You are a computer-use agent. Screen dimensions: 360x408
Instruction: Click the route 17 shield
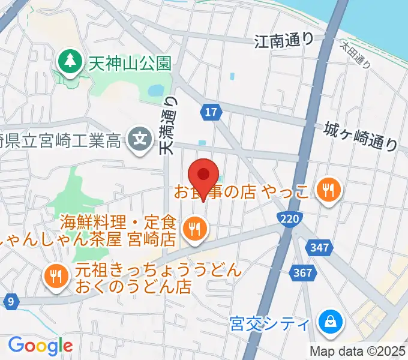(x=212, y=112)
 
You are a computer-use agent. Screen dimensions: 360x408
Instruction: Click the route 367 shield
(x=304, y=273)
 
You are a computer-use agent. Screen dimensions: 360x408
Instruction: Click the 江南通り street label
(x=284, y=41)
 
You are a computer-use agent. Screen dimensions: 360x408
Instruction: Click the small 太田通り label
(x=356, y=55)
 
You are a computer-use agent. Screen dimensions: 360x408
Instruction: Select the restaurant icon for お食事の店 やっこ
(x=328, y=191)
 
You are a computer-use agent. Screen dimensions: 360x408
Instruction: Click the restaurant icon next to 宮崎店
(x=195, y=230)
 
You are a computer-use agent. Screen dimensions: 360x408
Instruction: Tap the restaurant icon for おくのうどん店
(x=57, y=276)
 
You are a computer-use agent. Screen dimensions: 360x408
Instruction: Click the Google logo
(x=40, y=346)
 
